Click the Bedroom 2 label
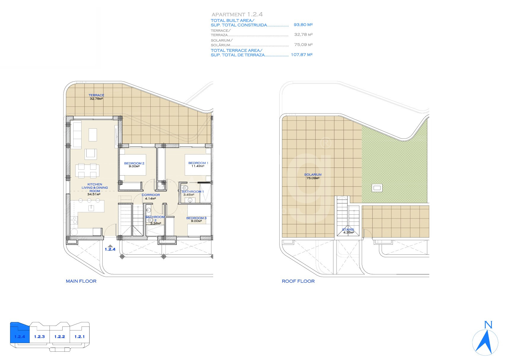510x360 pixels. coord(134,163)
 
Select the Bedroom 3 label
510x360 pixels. coord(196,218)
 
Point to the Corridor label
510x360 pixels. coord(151,195)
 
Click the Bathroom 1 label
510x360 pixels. coord(193,192)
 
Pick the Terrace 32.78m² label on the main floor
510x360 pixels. coord(96,97)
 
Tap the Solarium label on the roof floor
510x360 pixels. coord(313,175)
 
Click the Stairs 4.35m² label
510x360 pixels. coord(348,231)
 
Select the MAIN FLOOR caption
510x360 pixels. coord(81,281)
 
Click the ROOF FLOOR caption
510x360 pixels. coord(298,281)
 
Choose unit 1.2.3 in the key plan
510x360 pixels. coord(39,337)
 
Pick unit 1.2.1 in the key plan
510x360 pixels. coord(79,337)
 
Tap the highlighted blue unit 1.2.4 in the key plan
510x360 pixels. coord(20,334)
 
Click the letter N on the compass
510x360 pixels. coord(488,325)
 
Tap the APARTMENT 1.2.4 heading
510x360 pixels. coord(237,14)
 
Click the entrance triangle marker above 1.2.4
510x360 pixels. coord(110,246)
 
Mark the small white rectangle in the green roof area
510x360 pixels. coord(377,188)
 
